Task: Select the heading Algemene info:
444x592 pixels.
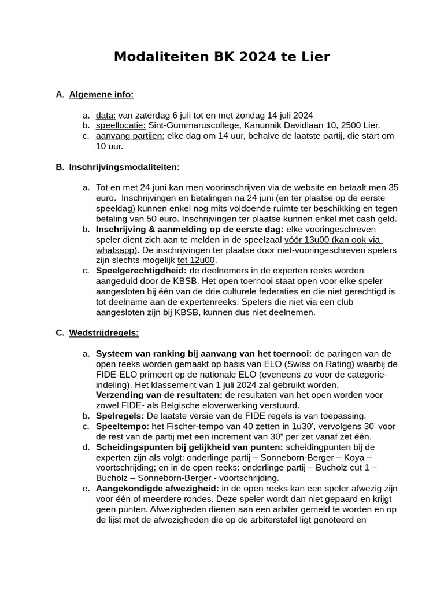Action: [101, 94]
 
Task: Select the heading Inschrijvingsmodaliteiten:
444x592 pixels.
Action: [124, 167]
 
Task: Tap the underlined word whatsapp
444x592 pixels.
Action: [116, 250]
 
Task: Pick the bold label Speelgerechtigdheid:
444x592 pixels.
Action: [141, 271]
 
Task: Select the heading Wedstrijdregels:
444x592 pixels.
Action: [103, 332]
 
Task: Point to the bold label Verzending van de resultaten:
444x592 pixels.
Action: [159, 395]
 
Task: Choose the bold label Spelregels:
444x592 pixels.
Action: [120, 416]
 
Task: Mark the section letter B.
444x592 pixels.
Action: [59, 167]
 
